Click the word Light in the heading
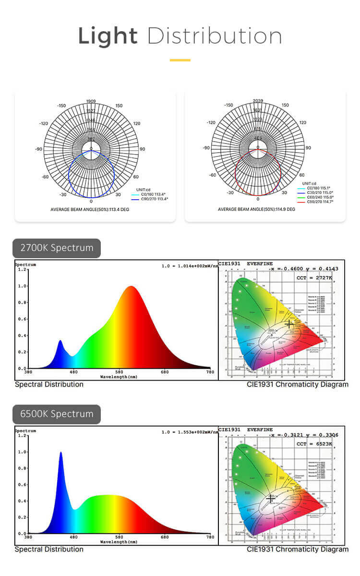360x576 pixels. coord(108,36)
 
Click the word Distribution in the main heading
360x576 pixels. coord(215,36)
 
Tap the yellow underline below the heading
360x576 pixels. coord(180,60)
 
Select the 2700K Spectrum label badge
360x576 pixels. coord(57,248)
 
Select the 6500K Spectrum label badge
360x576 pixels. coord(57,414)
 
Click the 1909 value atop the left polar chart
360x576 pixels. coord(91,101)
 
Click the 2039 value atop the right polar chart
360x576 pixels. coord(258,101)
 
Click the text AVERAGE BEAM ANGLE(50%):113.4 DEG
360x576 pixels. coord(91,210)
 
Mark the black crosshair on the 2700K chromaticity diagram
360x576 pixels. coord(289,324)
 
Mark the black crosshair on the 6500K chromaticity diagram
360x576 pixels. coord(271,499)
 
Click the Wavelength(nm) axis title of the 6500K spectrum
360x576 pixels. coord(119,541)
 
